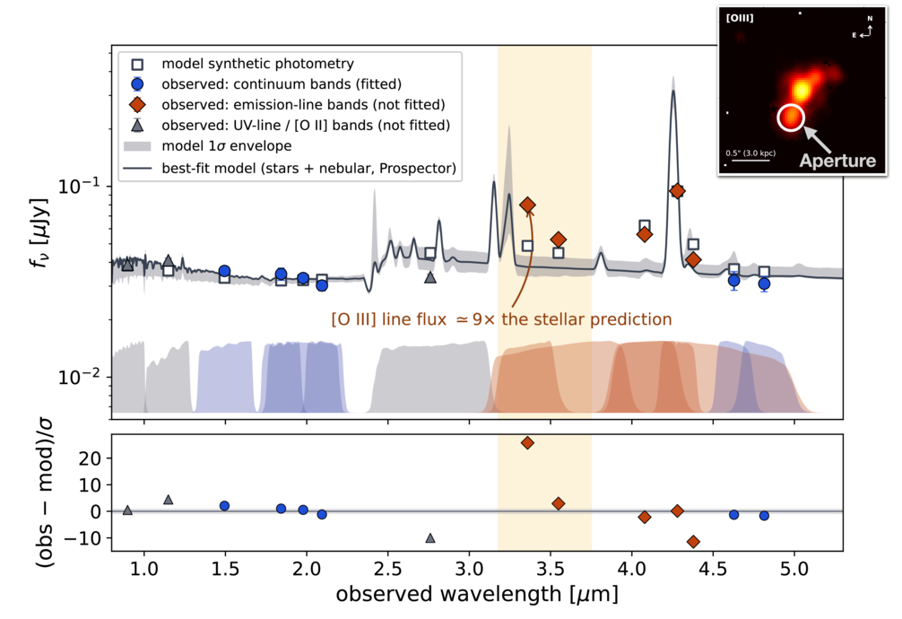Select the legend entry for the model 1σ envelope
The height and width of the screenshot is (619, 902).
(x=208, y=145)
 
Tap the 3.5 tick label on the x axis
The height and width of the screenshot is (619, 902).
(x=551, y=569)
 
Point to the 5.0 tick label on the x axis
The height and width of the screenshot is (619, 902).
(x=794, y=569)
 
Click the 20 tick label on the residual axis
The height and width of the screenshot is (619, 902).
(x=90, y=459)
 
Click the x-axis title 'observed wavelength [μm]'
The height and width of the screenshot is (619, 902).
(x=477, y=594)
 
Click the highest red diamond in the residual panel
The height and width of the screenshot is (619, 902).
(x=527, y=443)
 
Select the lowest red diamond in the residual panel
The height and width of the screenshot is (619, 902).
(x=693, y=542)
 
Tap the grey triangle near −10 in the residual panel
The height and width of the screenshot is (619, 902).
(x=430, y=537)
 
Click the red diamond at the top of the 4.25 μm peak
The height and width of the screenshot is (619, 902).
(x=677, y=191)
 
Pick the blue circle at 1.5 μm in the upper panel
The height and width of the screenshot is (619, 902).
(x=225, y=271)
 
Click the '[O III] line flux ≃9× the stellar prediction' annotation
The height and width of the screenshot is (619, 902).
(x=501, y=319)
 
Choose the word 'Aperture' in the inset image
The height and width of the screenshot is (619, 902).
(x=837, y=161)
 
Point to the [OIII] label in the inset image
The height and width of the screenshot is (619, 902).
(x=739, y=18)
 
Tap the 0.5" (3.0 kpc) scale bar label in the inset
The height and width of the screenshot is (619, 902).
(x=750, y=153)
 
